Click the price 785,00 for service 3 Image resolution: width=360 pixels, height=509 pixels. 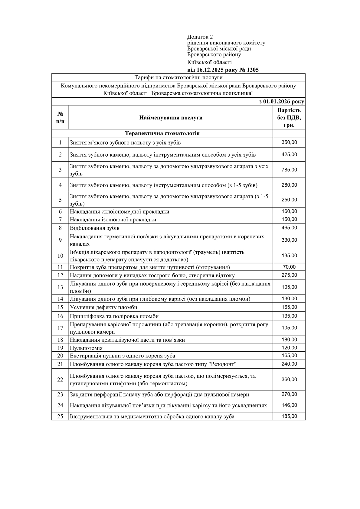coord(289,170)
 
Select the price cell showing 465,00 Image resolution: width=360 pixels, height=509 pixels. coord(289,228)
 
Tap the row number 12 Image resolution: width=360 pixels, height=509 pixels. coord(60,275)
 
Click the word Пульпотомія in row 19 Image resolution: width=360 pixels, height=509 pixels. coord(86,348)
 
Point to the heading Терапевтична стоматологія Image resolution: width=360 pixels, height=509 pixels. coord(162,133)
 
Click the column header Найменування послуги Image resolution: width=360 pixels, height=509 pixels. coord(171,118)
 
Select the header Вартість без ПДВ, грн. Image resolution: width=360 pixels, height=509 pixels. coord(289,117)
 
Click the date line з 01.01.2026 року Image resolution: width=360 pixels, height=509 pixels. coord(282,102)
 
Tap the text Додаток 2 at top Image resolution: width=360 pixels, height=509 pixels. coord(200,37)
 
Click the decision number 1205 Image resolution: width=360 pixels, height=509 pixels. coord(253,70)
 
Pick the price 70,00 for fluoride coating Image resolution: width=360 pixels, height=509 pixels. coord(289,267)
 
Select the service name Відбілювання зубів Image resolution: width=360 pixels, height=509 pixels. coord(95,228)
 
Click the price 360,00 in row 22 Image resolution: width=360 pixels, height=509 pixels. coord(289,380)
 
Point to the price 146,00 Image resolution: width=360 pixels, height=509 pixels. coord(289,405)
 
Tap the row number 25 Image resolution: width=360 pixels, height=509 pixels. coord(60,416)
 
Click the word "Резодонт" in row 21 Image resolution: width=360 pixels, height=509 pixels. coord(222,364)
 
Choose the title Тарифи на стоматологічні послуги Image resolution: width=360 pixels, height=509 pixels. coord(178,78)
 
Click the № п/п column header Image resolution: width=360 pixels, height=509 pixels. coord(60,118)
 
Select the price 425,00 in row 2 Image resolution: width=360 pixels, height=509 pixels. coord(289,155)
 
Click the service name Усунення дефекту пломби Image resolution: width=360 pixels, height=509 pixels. coord(103,307)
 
